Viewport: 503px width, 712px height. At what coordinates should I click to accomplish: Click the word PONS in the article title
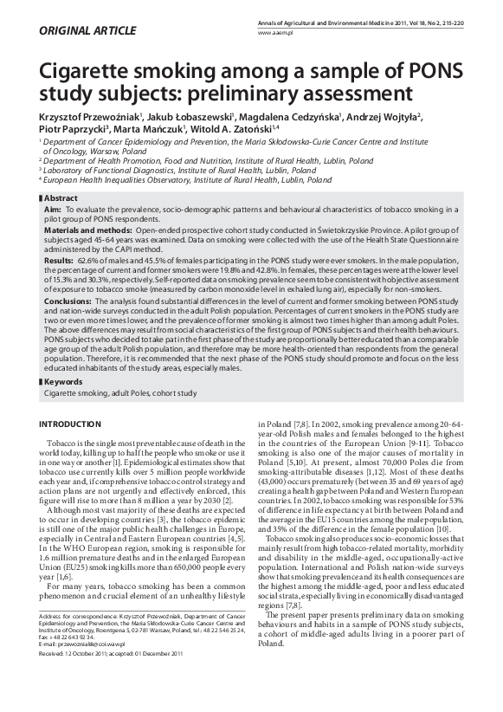pyautogui.click(x=433, y=69)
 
